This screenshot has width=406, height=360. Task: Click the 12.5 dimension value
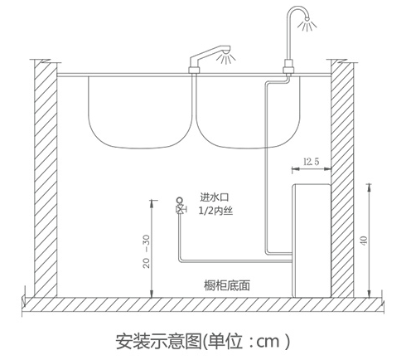(312, 161)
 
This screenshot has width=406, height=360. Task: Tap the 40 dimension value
(364, 241)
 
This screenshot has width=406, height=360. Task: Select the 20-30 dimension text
(147, 251)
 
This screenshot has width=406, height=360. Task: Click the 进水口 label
(215, 197)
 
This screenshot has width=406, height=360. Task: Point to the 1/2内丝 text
(215, 211)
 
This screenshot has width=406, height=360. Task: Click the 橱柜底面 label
(227, 285)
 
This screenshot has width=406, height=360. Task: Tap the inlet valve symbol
(181, 207)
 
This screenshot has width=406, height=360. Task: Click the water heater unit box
(312, 241)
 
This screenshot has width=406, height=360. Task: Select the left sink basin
(140, 112)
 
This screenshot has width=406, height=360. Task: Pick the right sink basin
(248, 112)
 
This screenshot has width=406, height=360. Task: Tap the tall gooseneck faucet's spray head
(306, 19)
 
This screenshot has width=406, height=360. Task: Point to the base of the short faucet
(194, 70)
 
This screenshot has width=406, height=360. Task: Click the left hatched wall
(46, 178)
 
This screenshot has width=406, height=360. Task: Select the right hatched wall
(342, 178)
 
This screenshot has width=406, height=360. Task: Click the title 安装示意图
(159, 342)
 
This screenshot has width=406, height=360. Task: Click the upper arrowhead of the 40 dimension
(369, 187)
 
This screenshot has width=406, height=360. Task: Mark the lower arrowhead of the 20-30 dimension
(151, 294)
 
